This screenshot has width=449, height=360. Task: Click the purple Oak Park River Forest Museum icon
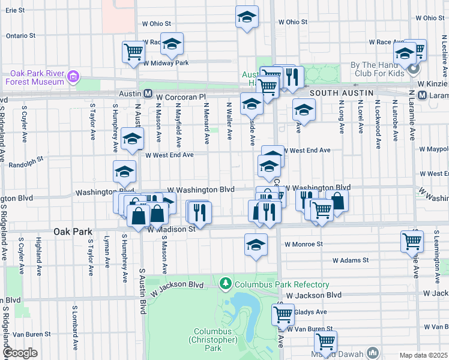click(73, 77)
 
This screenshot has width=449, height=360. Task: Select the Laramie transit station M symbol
click(421, 96)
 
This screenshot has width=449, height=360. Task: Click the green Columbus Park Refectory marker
click(225, 282)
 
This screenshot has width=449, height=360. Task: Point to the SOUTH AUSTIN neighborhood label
click(340, 94)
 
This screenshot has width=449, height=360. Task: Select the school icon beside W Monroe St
click(256, 244)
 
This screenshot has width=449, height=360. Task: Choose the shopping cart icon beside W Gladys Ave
click(282, 313)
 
